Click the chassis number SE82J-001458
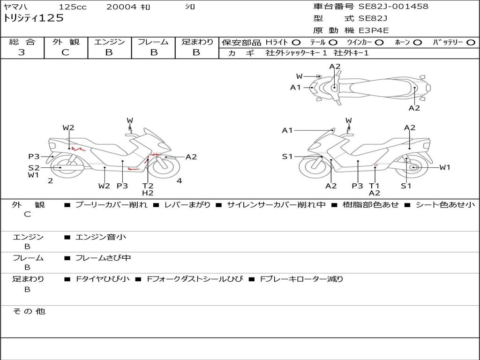[393, 7]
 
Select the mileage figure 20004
[121, 7]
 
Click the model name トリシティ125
[33, 18]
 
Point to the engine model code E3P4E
[374, 30]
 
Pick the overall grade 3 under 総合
[22, 52]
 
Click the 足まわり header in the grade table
[197, 42]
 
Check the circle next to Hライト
[296, 43]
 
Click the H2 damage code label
[148, 193]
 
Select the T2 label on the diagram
[148, 186]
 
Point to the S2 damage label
[34, 168]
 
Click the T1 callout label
[374, 186]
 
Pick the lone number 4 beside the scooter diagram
[179, 181]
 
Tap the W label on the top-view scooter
[300, 76]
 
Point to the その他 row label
[29, 311]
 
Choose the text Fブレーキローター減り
[301, 279]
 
